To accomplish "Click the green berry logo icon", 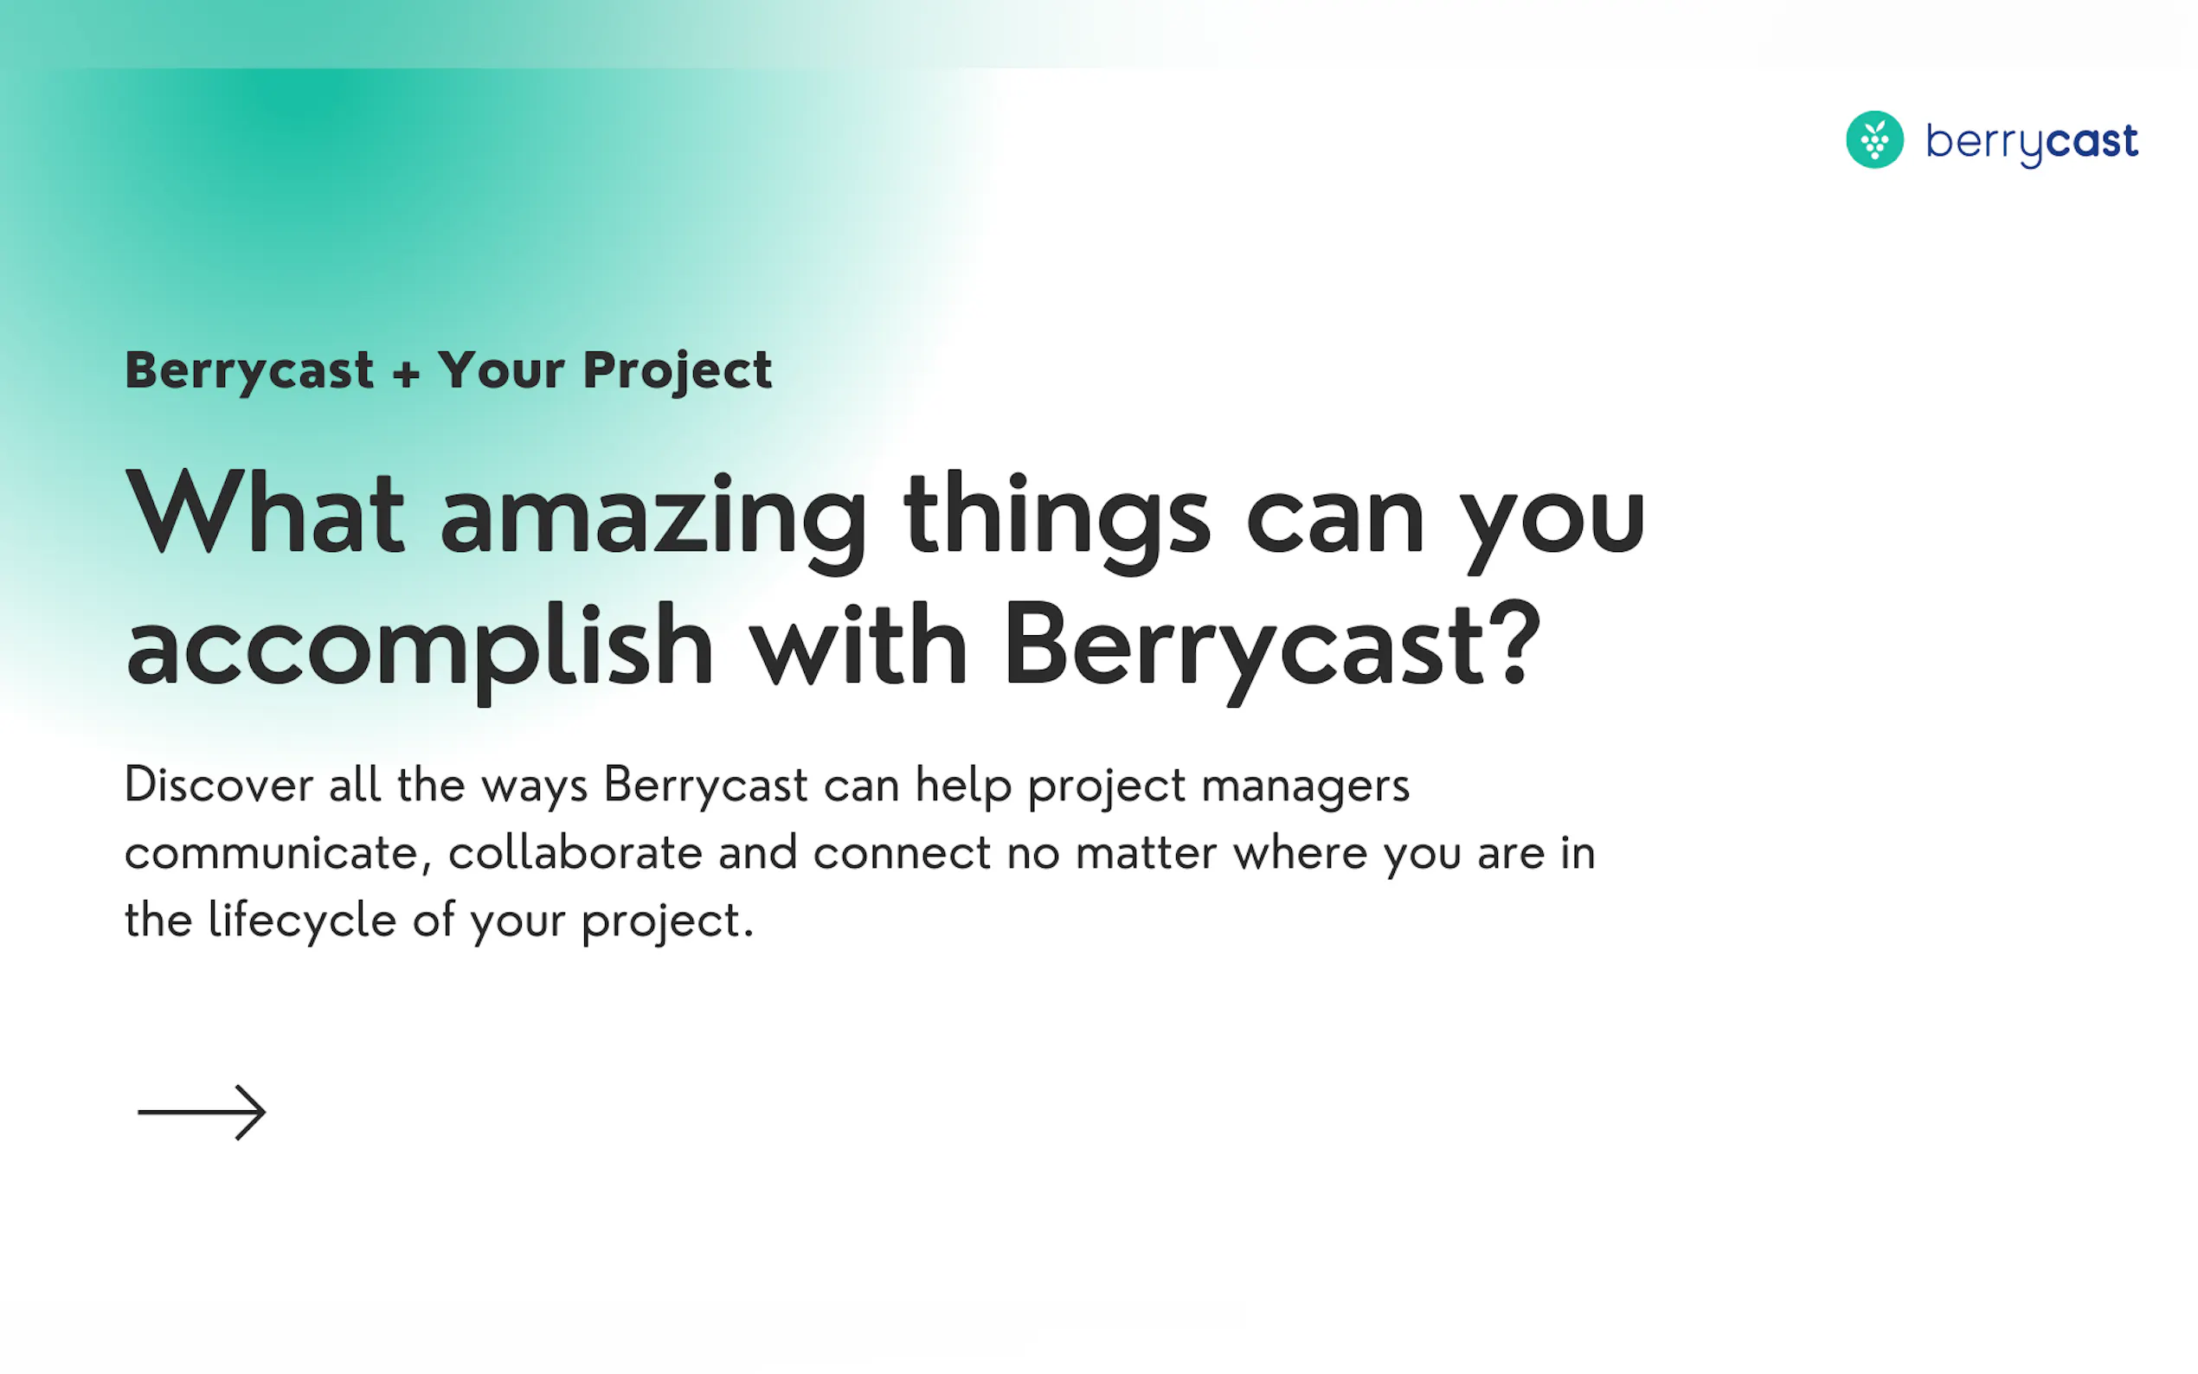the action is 1873,140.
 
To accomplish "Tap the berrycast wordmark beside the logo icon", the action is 2032,143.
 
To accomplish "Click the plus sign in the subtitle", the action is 406,373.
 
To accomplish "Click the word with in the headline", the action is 858,644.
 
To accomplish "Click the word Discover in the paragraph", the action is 219,784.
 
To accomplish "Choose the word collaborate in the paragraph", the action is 576,852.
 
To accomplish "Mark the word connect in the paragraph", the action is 902,854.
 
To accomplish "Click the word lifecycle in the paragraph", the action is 302,921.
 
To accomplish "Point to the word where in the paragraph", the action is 1301,852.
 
